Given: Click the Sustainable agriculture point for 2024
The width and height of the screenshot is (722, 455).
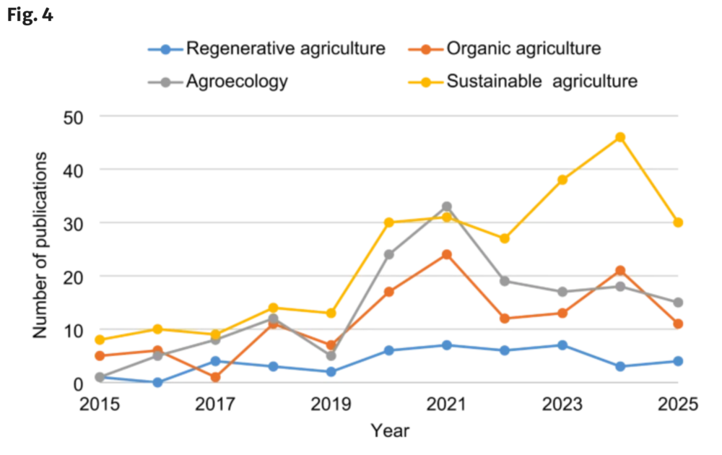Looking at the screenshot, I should (620, 137).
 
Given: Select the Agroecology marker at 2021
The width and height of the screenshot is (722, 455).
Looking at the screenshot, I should (447, 207).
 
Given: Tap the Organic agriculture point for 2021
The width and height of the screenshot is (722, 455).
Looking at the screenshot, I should (447, 254).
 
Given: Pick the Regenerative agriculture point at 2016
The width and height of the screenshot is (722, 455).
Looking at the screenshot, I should (158, 382).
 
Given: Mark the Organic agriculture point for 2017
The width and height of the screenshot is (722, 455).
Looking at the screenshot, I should (215, 377).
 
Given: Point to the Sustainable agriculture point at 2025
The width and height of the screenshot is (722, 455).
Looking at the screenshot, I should (678, 222).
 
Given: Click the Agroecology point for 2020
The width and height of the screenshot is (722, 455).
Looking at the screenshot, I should (389, 254).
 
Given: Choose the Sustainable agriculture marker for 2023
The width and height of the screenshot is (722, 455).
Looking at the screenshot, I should (562, 180).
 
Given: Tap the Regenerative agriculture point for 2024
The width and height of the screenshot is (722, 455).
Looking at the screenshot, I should (620, 366).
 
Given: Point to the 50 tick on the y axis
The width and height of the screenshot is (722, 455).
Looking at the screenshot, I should (74, 116).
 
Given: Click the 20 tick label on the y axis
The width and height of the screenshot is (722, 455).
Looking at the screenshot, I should (74, 276).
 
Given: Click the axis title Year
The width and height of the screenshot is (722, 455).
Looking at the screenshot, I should (390, 431).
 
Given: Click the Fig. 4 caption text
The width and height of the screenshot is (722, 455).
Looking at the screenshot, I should (31, 14).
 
